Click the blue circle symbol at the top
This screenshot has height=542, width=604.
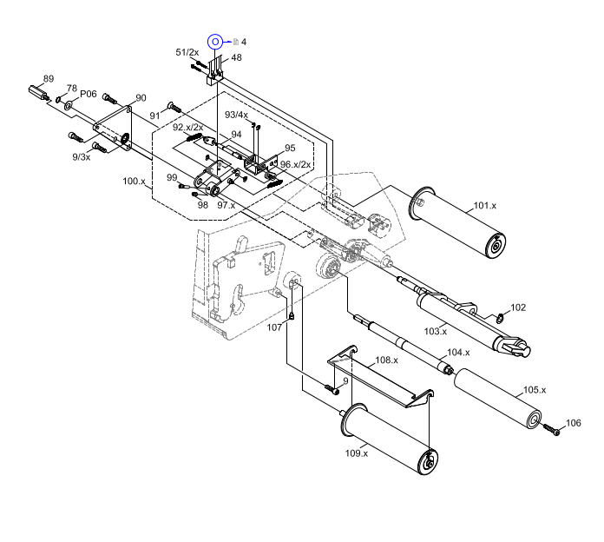pos(216,42)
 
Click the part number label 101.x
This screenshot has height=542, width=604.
pos(484,206)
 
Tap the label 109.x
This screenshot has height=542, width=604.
pos(356,453)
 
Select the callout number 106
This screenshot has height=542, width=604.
pos(573,423)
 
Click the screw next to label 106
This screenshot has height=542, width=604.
pos(551,429)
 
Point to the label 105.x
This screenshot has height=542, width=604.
pos(534,390)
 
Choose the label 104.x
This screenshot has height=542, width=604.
pos(457,353)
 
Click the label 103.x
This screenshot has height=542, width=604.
pos(435,331)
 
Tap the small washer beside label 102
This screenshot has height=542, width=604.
pos(500,317)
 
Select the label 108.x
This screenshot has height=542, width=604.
pos(386,360)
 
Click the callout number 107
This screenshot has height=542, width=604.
pos(274,327)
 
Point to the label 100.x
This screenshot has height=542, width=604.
pos(134,182)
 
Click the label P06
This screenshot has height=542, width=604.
pos(88,94)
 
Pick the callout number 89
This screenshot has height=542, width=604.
pos(49,79)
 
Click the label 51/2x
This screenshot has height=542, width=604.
pos(187,52)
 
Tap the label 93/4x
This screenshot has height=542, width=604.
pos(236,115)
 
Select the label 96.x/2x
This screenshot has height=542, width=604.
pos(295,164)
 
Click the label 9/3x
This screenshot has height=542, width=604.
pos(81,156)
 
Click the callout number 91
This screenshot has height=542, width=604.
pos(154,116)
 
